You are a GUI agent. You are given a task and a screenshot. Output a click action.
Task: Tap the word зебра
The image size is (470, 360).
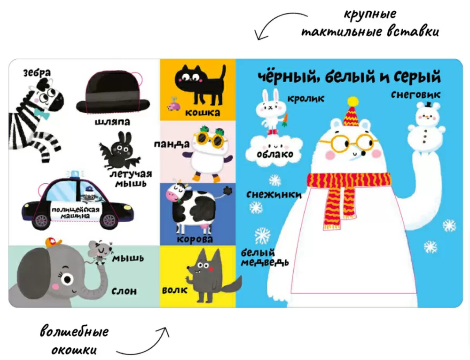37,72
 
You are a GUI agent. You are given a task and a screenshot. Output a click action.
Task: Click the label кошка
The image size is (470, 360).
203,113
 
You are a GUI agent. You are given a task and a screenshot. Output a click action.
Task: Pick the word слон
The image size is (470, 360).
124,291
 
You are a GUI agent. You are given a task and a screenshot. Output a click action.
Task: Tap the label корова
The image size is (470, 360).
195,239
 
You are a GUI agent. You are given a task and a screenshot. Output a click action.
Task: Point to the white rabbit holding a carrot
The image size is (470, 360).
271,111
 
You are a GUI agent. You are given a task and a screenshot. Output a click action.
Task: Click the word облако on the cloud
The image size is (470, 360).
275,154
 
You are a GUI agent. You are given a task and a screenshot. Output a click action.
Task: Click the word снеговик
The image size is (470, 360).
416,95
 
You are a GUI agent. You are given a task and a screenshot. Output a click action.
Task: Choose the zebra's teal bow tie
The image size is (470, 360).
41,114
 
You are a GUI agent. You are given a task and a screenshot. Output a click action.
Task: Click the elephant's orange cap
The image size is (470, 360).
53,242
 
